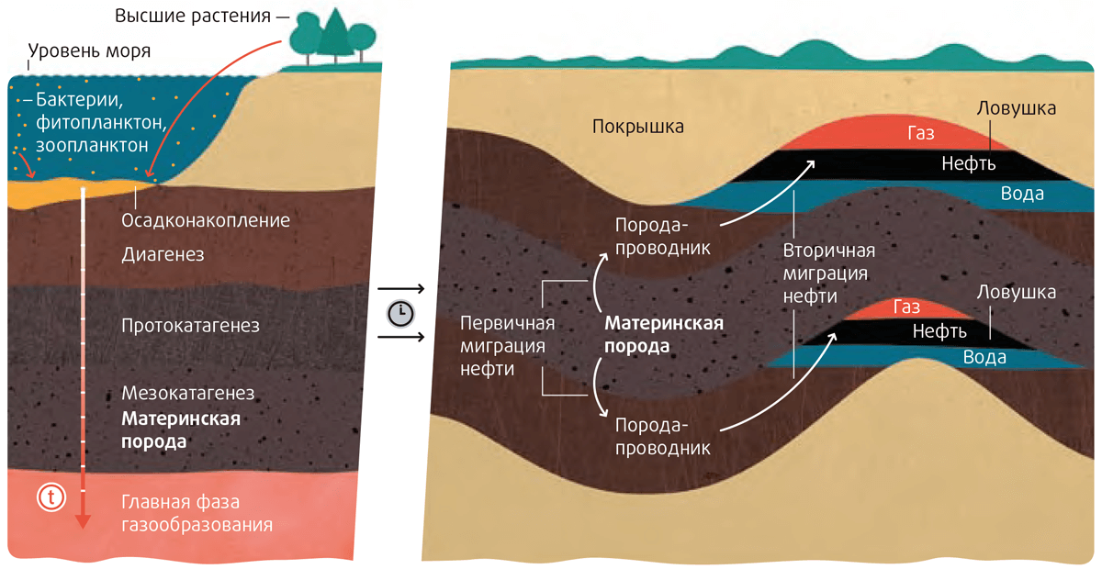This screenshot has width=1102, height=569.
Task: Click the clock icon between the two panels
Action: click(400, 313)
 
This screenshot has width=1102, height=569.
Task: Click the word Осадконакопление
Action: click(206, 220)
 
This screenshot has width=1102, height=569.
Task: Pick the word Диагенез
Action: click(163, 253)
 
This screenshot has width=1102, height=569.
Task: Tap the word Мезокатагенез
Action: click(187, 394)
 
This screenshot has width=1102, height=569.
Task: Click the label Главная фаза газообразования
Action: click(197, 514)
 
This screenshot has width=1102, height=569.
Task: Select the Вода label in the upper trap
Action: click(1021, 194)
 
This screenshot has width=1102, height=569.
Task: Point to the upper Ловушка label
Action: click(1017, 108)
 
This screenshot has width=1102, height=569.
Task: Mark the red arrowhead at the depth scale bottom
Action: click(83, 521)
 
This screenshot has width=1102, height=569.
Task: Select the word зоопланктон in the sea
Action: click(92, 145)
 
